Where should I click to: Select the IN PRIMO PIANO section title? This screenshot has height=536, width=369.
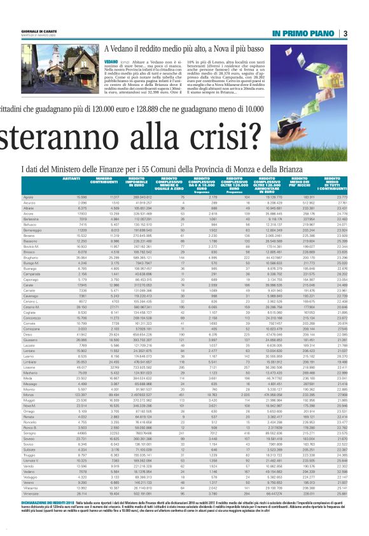[x=302, y=34]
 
